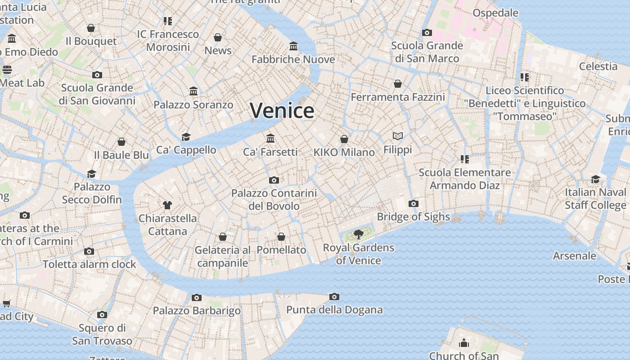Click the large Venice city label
(282, 111)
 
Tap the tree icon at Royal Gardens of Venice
(359, 234)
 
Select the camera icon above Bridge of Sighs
(413, 203)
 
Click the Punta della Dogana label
(334, 310)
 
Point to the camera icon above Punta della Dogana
(334, 297)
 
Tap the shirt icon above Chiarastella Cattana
(167, 205)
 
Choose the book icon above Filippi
(397, 136)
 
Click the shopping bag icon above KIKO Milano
(344, 139)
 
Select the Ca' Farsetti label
(270, 152)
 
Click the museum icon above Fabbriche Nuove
(293, 46)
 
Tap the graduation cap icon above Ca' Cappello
(186, 137)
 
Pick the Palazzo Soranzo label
(193, 105)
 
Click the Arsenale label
(574, 256)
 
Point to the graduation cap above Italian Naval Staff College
(595, 179)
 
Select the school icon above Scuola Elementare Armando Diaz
(464, 159)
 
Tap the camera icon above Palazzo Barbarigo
(196, 297)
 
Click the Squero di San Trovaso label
(102, 334)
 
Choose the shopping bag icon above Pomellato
(281, 237)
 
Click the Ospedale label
(495, 13)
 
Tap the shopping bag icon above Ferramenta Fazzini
(397, 84)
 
